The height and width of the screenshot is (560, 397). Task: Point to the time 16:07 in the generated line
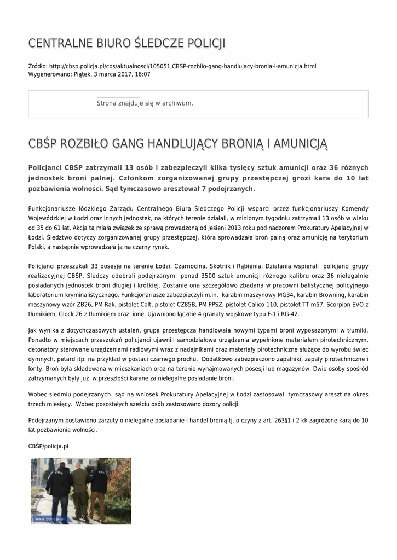click(143, 74)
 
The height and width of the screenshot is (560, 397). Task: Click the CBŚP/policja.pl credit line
click(48, 446)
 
